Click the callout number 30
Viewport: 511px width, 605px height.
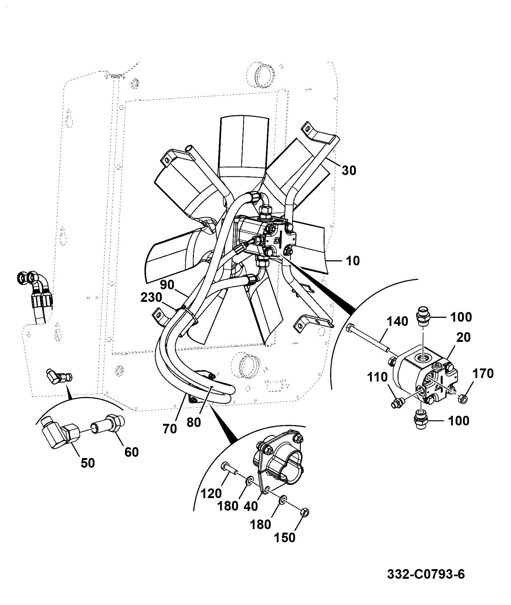tap(349, 170)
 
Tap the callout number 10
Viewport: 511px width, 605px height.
tap(353, 261)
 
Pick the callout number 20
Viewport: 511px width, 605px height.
tap(464, 337)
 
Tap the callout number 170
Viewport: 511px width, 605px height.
tap(483, 373)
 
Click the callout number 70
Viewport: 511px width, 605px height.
tap(169, 429)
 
